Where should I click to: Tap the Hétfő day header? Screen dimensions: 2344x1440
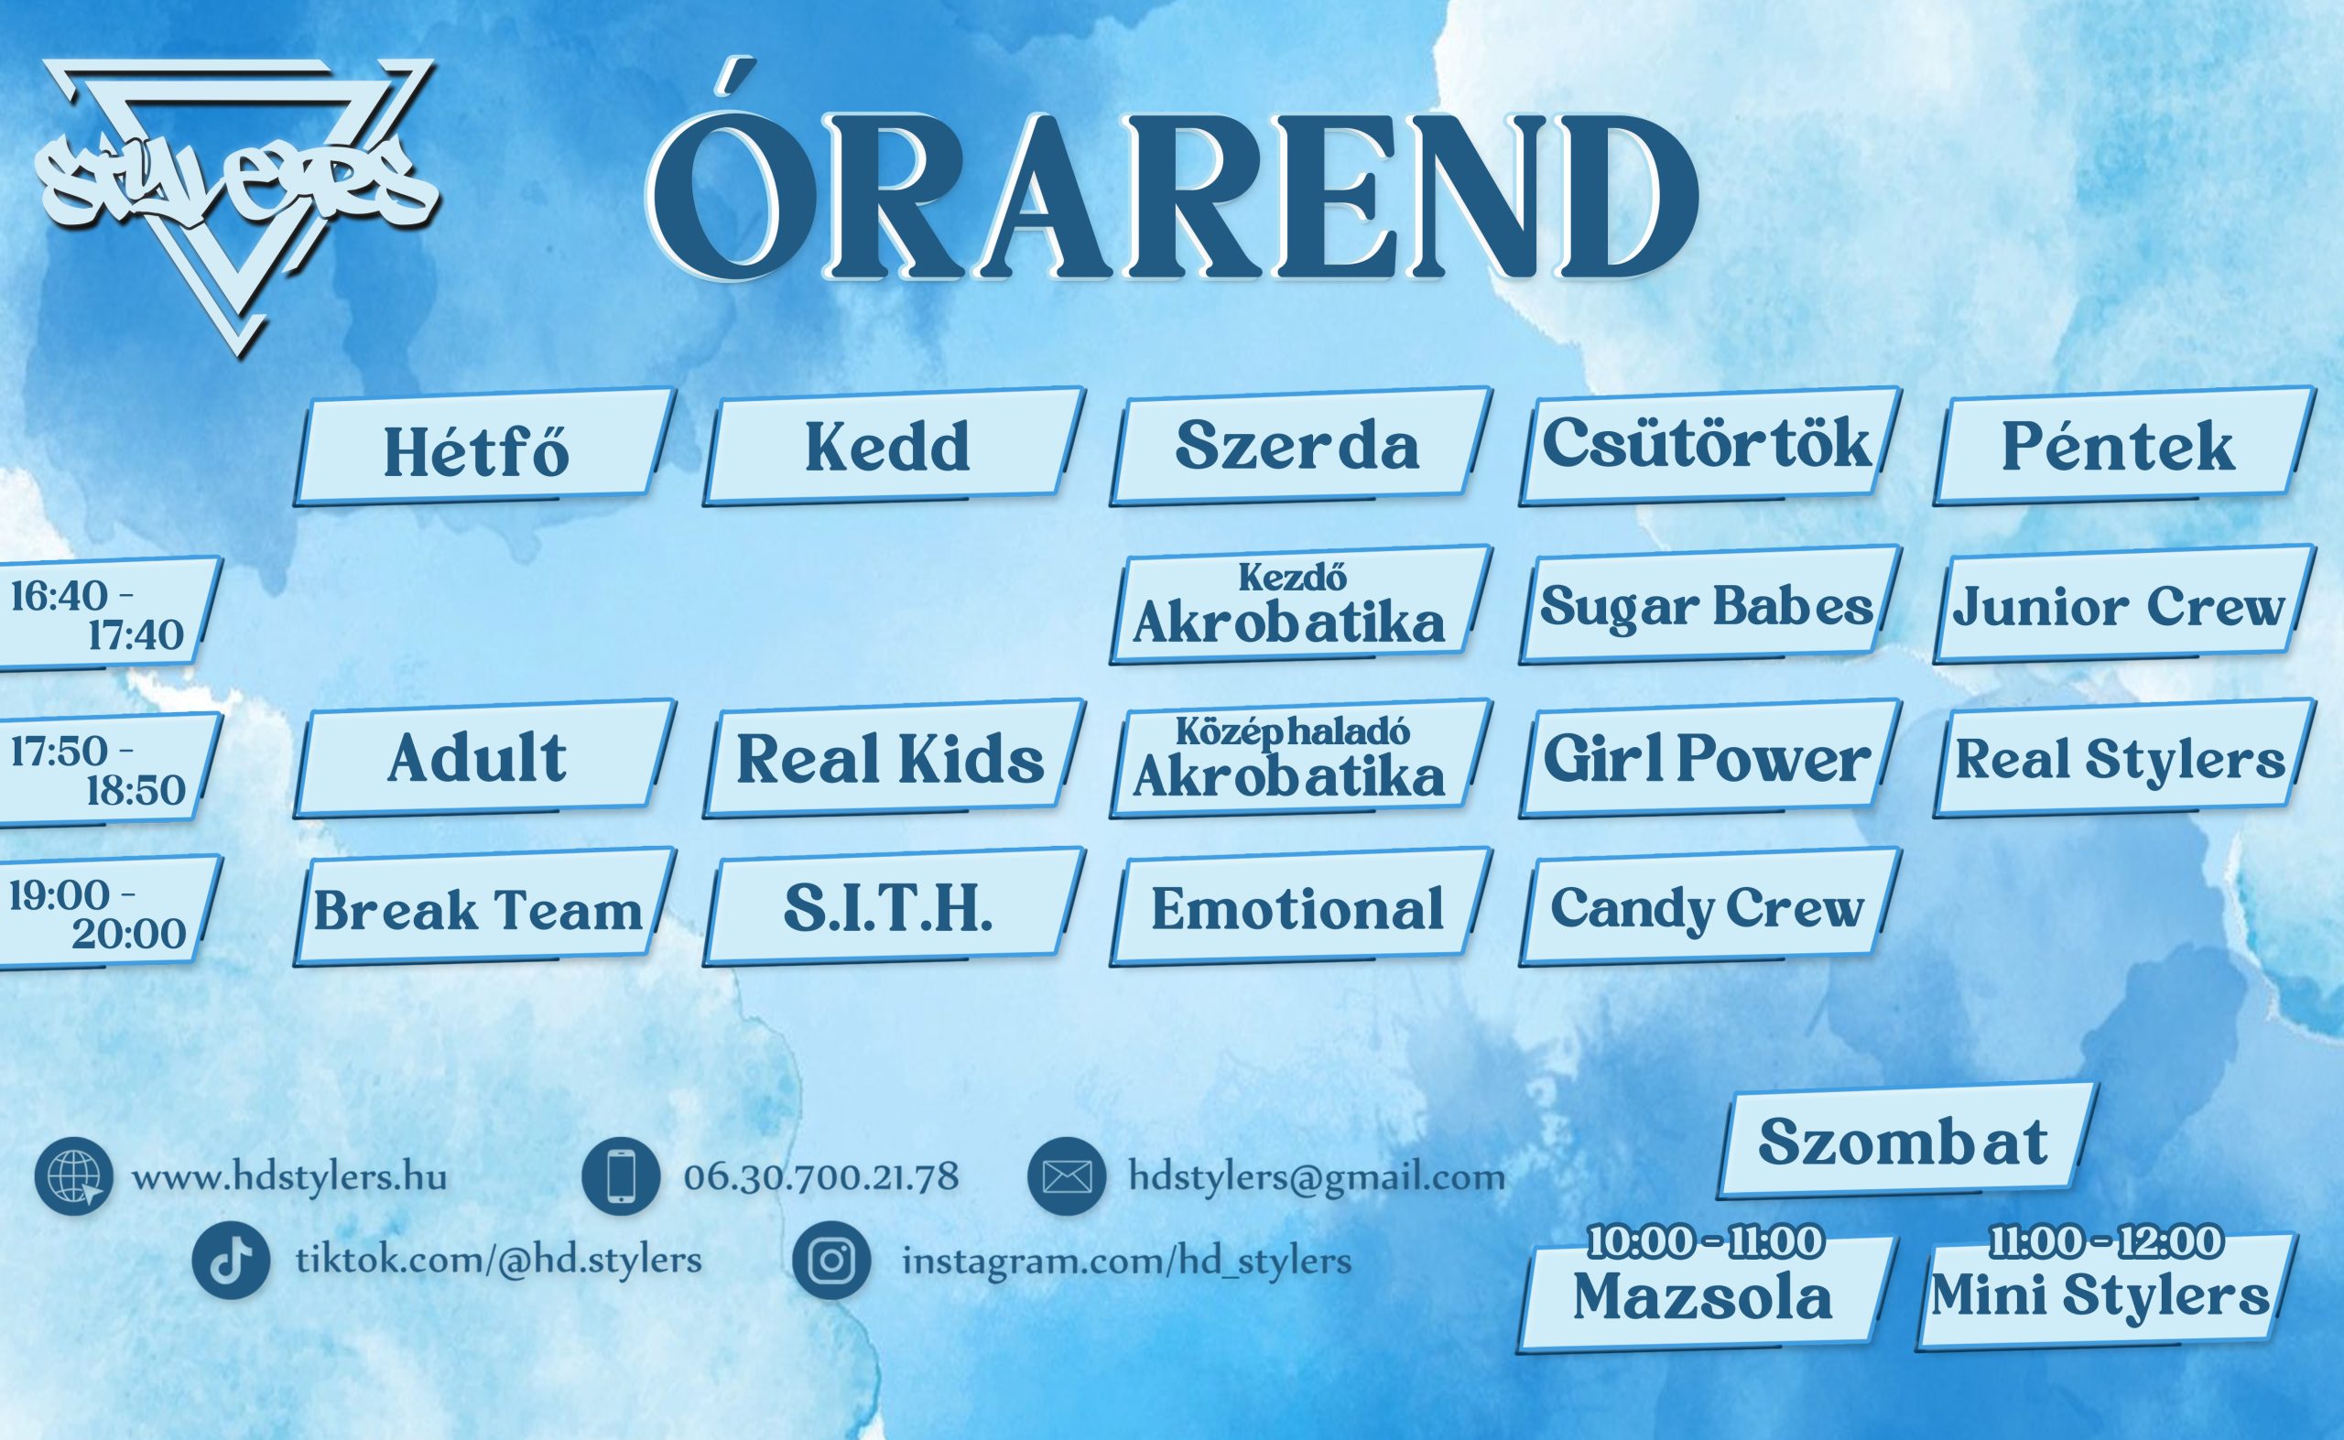(484, 446)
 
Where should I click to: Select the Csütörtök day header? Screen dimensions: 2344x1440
(1709, 446)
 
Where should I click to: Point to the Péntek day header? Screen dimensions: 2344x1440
(2123, 446)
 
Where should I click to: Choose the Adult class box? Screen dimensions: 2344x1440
(484, 758)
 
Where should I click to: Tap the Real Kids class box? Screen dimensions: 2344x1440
(894, 758)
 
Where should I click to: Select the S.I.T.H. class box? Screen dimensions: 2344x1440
(894, 907)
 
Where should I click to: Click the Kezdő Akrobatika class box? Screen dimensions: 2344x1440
(1300, 604)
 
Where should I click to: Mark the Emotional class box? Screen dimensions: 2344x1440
(1300, 907)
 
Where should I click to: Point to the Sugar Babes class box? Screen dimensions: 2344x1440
(1709, 604)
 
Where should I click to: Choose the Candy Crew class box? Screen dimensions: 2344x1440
(1709, 907)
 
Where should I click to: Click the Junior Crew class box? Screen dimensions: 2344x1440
(2123, 604)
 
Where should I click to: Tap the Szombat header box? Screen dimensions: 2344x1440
(1907, 1140)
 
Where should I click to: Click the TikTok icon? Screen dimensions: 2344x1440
(231, 1260)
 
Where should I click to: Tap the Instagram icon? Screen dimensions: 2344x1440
(831, 1260)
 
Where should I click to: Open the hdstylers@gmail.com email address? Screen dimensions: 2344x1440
(1317, 1177)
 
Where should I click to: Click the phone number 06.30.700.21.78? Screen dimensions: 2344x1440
(821, 1177)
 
